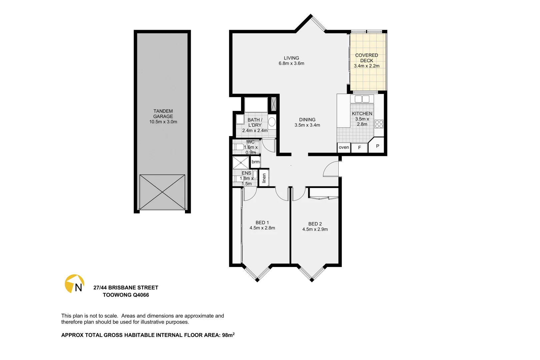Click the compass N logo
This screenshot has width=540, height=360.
[74, 284]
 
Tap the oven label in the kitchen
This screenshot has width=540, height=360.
[344, 147]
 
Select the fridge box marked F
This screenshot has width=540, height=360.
[359, 147]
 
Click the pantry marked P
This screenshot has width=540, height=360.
[377, 146]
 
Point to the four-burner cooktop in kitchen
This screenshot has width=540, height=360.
[379, 124]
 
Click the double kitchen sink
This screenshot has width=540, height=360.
[362, 99]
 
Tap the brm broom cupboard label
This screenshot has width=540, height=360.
[256, 162]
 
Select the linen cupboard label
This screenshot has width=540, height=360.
[264, 178]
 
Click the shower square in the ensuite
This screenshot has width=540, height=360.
[241, 163]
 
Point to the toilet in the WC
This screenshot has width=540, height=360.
[239, 147]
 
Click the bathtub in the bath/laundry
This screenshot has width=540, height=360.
[256, 105]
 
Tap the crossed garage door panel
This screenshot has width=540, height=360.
[162, 192]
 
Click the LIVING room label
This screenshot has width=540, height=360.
[291, 58]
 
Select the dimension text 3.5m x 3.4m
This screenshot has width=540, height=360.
[307, 125]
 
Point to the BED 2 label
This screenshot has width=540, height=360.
[315, 224]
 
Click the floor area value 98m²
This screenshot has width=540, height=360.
[228, 335]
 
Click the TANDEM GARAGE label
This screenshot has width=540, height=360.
[163, 114]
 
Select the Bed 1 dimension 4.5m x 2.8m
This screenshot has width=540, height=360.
[262, 228]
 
